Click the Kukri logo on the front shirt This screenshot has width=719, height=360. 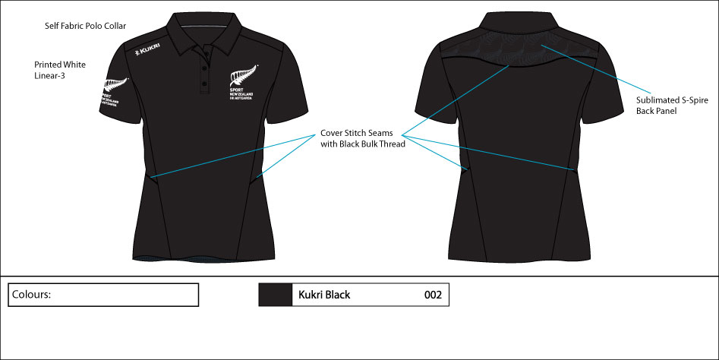click(x=147, y=52)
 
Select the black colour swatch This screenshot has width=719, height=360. click(x=276, y=295)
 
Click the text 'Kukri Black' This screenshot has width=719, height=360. click(x=324, y=295)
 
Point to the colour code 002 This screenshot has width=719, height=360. click(x=433, y=295)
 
